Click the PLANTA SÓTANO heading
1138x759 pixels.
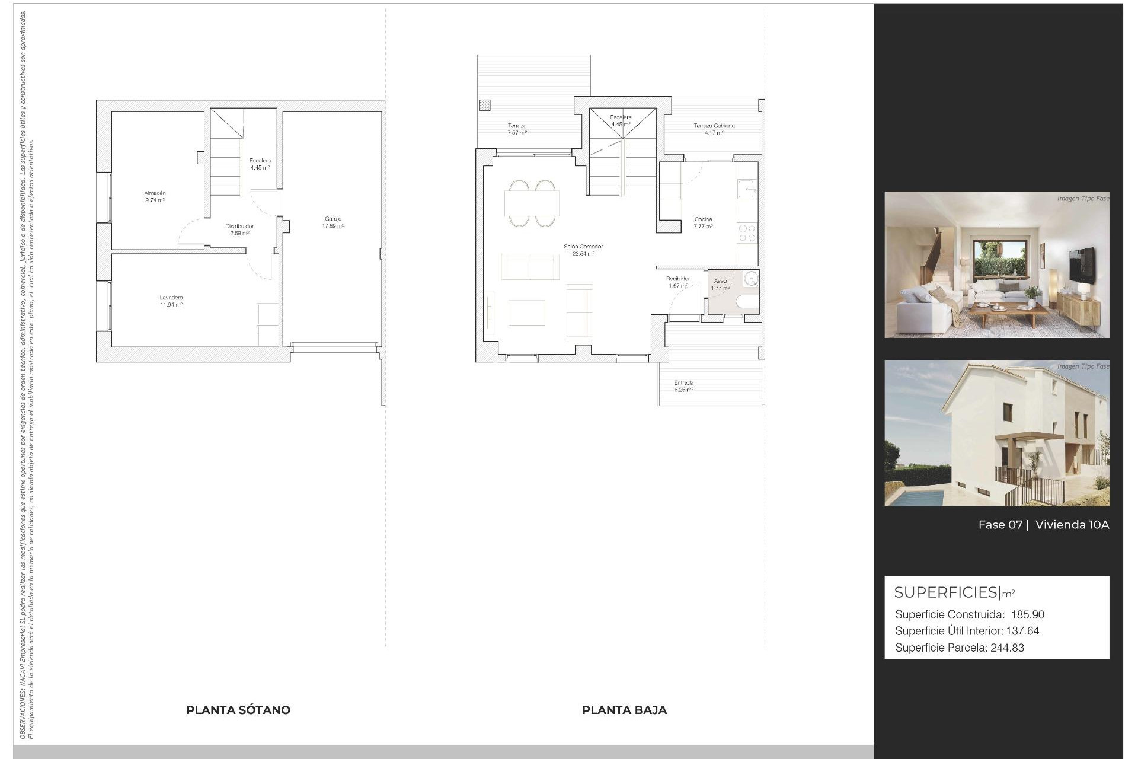pyautogui.click(x=238, y=710)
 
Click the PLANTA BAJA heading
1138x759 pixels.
pyautogui.click(x=624, y=710)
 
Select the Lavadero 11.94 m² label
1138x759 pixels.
pyautogui.click(x=171, y=301)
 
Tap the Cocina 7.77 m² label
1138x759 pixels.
pyautogui.click(x=704, y=223)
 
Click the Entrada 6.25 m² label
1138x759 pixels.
pyautogui.click(x=683, y=386)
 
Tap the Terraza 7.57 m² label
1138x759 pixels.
pyautogui.click(x=517, y=129)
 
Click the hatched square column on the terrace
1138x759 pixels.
pyautogui.click(x=485, y=106)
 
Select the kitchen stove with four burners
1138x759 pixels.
pyautogui.click(x=747, y=232)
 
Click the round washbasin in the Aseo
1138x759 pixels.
pyautogui.click(x=751, y=279)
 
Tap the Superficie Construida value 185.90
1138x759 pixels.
pyautogui.click(x=1028, y=615)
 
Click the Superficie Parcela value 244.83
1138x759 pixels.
pyautogui.click(x=1007, y=648)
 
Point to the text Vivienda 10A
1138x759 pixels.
pyautogui.click(x=1072, y=525)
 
